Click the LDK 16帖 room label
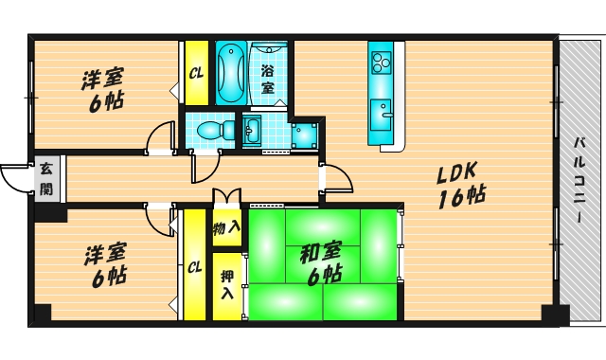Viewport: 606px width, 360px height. click(x=461, y=185)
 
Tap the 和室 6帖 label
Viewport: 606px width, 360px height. click(x=321, y=263)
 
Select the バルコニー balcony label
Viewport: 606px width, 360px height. click(x=579, y=181)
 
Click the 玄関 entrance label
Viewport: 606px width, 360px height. click(x=46, y=179)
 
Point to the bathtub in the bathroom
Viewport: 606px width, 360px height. click(x=231, y=74)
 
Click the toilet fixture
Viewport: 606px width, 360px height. click(x=215, y=130)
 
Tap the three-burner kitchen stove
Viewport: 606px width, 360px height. click(x=381, y=63)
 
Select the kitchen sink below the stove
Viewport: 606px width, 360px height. click(x=382, y=115)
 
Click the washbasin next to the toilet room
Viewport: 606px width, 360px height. click(x=252, y=131)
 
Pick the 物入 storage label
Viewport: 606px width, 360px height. click(x=226, y=228)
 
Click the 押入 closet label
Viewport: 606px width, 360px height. click(x=227, y=284)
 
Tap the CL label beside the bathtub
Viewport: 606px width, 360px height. click(x=196, y=73)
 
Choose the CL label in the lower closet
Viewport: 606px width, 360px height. click(x=194, y=267)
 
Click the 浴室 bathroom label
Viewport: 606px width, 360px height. click(x=267, y=80)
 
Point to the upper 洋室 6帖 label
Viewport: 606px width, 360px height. click(x=102, y=90)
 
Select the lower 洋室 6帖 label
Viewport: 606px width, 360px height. click(x=105, y=265)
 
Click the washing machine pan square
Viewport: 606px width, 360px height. click(x=304, y=135)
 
